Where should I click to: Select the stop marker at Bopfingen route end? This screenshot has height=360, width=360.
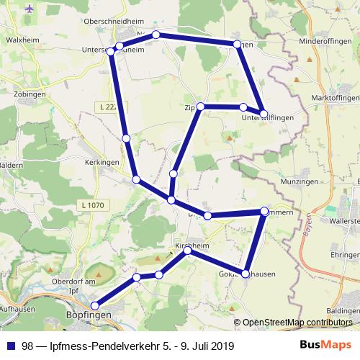tap(96, 306)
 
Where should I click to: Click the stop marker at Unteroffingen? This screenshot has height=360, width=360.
tap(264, 114)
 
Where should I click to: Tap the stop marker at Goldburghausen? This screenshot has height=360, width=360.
tap(246, 274)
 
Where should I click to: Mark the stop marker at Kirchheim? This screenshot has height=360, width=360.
tap(188, 251)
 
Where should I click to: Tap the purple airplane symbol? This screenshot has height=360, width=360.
tap(30, 9)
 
